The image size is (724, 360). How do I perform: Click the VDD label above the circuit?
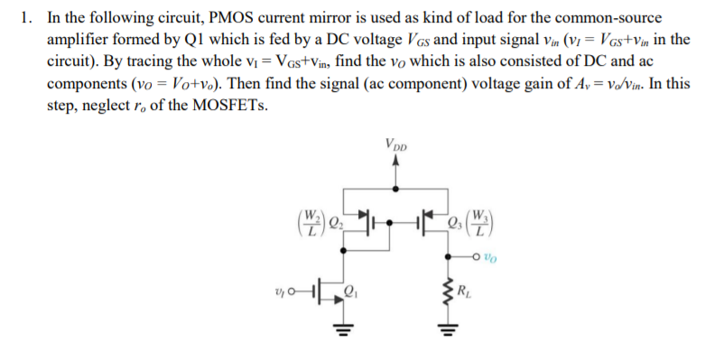394,144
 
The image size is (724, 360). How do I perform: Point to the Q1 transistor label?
352,291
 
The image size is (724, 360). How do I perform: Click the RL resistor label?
463,291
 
